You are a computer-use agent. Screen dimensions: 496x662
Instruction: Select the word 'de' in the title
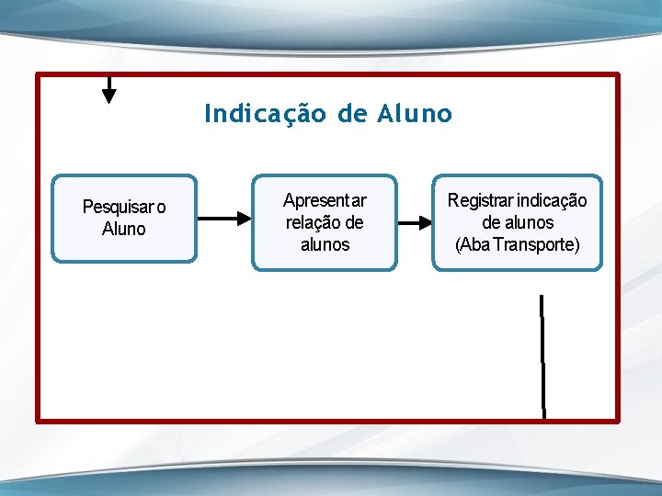point(352,114)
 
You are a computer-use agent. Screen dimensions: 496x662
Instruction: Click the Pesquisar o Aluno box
point(124,219)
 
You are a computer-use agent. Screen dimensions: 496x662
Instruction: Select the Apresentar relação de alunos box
point(325,222)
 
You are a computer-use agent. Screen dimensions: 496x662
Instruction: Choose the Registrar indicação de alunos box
point(518,222)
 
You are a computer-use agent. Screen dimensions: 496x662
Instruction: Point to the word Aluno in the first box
point(124,230)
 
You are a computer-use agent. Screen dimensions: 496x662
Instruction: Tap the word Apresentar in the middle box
point(325,200)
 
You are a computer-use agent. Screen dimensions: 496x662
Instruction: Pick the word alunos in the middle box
point(325,244)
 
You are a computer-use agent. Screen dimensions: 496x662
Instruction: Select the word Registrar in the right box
point(480,200)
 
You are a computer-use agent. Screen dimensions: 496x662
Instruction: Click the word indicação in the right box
point(552,200)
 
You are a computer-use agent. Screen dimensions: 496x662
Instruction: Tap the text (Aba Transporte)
point(518,244)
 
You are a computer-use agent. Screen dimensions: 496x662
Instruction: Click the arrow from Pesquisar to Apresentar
point(224,219)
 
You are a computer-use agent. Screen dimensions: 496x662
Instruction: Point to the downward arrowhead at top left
point(109,95)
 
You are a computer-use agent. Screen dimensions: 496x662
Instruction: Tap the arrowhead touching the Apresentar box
point(245,219)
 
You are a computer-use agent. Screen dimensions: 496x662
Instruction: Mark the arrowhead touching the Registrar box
point(427,222)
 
